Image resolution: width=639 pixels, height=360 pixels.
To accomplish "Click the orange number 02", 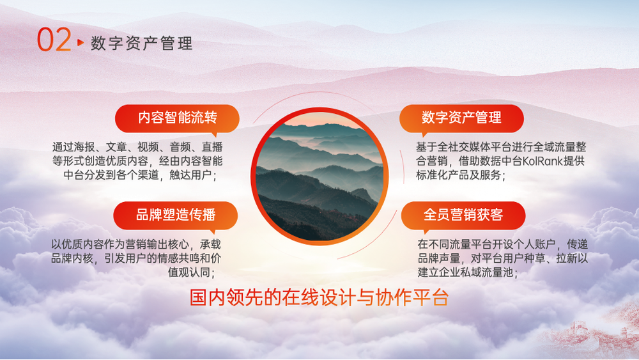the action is coord(54,40).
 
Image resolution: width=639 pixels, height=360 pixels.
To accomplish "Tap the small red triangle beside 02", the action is coord(81,42).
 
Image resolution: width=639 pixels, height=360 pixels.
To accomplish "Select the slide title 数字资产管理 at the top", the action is coord(141,43).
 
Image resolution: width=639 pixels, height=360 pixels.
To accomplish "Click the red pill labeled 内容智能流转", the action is coord(177,118).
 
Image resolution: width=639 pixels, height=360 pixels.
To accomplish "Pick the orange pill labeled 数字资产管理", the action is coord(461,118).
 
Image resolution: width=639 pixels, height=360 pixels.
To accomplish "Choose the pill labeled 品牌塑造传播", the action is coord(176,215).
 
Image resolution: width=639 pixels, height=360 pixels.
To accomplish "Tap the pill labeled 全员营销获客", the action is coord(463,215).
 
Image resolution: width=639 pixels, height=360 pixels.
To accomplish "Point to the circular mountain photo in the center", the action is coord(319,176).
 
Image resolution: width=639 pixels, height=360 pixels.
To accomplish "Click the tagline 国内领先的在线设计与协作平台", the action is coord(319,297).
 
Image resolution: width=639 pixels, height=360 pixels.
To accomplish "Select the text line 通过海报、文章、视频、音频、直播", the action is coord(137,147).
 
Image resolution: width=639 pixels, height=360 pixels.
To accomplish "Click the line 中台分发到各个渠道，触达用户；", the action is coord(141,175).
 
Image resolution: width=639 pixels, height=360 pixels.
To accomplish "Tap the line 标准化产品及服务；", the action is coord(461,175).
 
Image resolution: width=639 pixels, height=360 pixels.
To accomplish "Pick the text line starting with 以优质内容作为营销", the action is coord(135,244).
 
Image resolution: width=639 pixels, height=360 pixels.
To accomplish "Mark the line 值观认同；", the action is coord(192,272).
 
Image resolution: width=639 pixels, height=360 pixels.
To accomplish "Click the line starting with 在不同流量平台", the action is coord(502,244).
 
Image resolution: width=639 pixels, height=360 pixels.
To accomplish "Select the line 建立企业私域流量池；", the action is coord(468,272).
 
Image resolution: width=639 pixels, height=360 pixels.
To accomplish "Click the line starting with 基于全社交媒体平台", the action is coord(501,147).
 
